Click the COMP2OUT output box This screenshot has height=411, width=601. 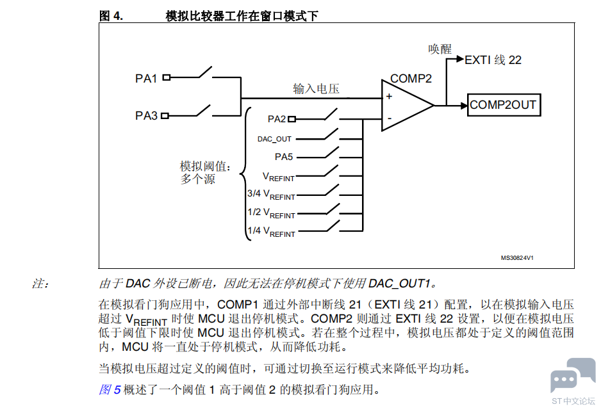(x=504, y=105)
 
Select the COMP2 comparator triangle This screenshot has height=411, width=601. (x=407, y=106)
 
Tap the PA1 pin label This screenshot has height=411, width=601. (x=146, y=79)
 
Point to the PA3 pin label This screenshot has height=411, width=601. (x=146, y=116)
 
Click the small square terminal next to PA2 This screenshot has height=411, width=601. (x=292, y=119)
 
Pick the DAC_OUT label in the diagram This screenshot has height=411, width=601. (x=274, y=139)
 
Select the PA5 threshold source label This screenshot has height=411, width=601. (x=284, y=157)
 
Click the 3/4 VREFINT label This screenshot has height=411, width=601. (x=272, y=195)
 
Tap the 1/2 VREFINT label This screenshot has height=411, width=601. (x=272, y=213)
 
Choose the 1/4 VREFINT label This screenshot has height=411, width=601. (x=272, y=231)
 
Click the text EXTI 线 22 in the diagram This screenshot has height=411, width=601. (x=493, y=60)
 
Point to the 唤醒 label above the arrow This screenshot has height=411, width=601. (x=440, y=49)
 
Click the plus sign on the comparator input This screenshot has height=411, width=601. (x=389, y=97)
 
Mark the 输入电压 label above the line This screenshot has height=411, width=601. (x=317, y=89)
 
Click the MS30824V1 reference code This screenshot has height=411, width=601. (x=517, y=258)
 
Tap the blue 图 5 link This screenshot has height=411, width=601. (x=110, y=389)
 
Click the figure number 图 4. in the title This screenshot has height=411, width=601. (x=111, y=16)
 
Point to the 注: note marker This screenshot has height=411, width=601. (x=40, y=284)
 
